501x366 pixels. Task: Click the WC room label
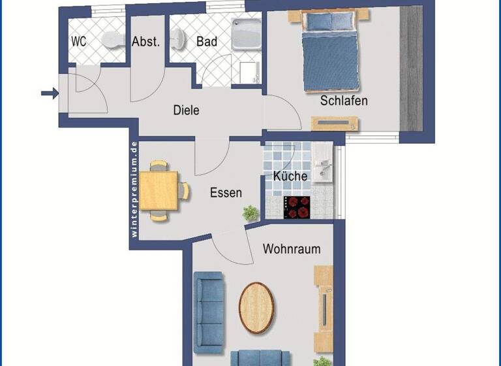tap(78, 41)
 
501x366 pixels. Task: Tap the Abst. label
tap(145, 41)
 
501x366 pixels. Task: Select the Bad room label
tap(207, 41)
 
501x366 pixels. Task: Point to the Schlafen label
tap(344, 101)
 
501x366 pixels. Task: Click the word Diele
tap(186, 110)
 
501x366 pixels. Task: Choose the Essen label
tap(226, 193)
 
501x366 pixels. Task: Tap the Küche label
tap(290, 176)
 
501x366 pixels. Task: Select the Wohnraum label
tap(292, 249)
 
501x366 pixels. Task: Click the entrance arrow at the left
tap(49, 94)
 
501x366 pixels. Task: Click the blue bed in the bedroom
tap(330, 54)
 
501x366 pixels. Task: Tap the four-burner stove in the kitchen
tap(298, 207)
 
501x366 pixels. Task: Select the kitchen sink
tap(323, 163)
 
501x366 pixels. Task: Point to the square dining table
tap(159, 190)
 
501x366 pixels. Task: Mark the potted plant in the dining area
tap(250, 212)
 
